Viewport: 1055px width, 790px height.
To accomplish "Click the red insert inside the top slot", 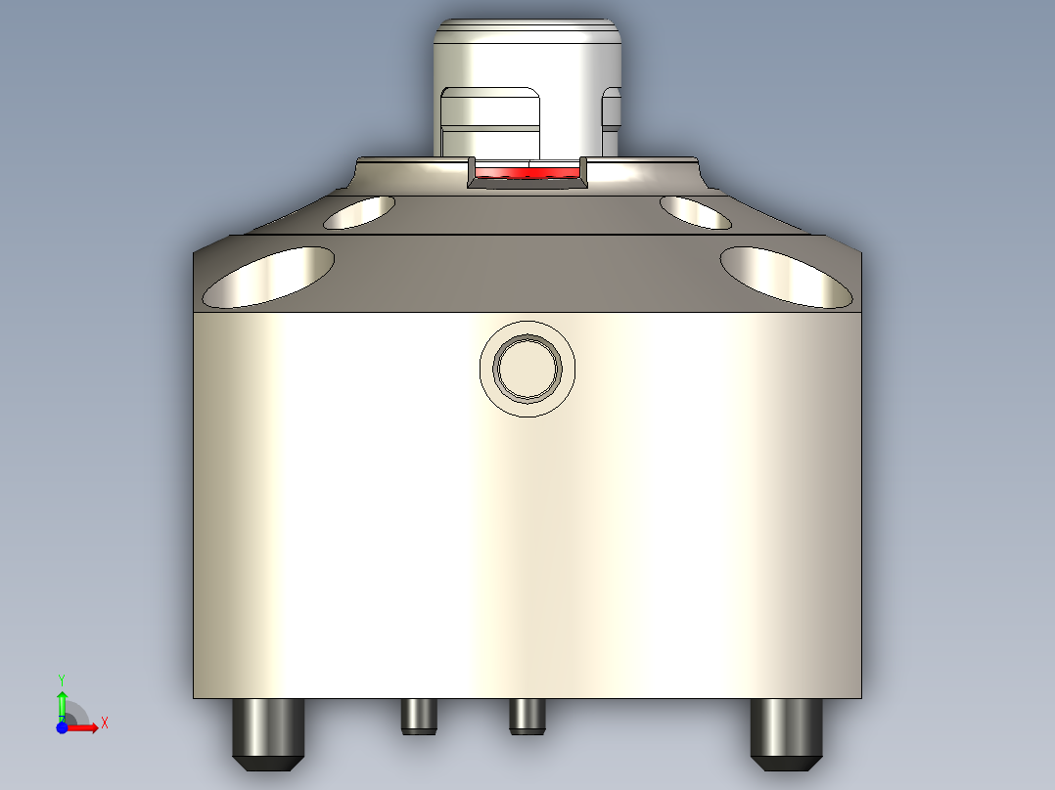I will pyautogui.click(x=527, y=173).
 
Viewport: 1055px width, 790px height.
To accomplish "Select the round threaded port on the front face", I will pyautogui.click(x=527, y=368).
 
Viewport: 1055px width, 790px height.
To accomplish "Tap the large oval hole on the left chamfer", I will pyautogui.click(x=268, y=276).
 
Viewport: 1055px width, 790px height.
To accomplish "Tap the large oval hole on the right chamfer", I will pyautogui.click(x=786, y=276).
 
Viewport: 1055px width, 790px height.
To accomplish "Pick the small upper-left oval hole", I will pyautogui.click(x=359, y=211).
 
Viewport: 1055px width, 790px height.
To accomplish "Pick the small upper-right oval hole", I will pyautogui.click(x=695, y=212).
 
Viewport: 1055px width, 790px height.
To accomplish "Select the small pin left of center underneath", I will pyautogui.click(x=418, y=717).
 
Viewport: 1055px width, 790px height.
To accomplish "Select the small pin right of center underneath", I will pyautogui.click(x=527, y=717).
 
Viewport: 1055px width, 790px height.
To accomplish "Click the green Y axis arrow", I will pyautogui.click(x=62, y=702).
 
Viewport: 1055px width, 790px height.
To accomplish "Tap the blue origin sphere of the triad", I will pyautogui.click(x=62, y=727).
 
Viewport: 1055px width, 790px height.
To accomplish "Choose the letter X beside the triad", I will pyautogui.click(x=104, y=723).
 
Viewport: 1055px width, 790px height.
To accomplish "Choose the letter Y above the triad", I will pyautogui.click(x=62, y=679).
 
